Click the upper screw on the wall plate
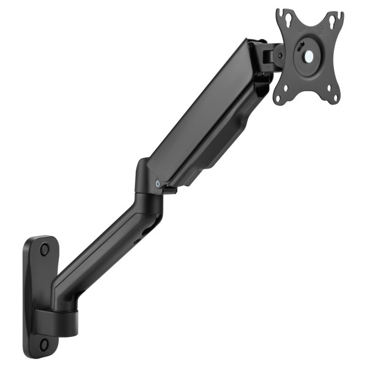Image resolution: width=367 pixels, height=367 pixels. (44, 250)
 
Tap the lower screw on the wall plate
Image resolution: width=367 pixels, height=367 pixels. (45, 344)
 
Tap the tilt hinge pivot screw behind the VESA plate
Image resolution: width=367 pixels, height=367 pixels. (280, 54)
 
